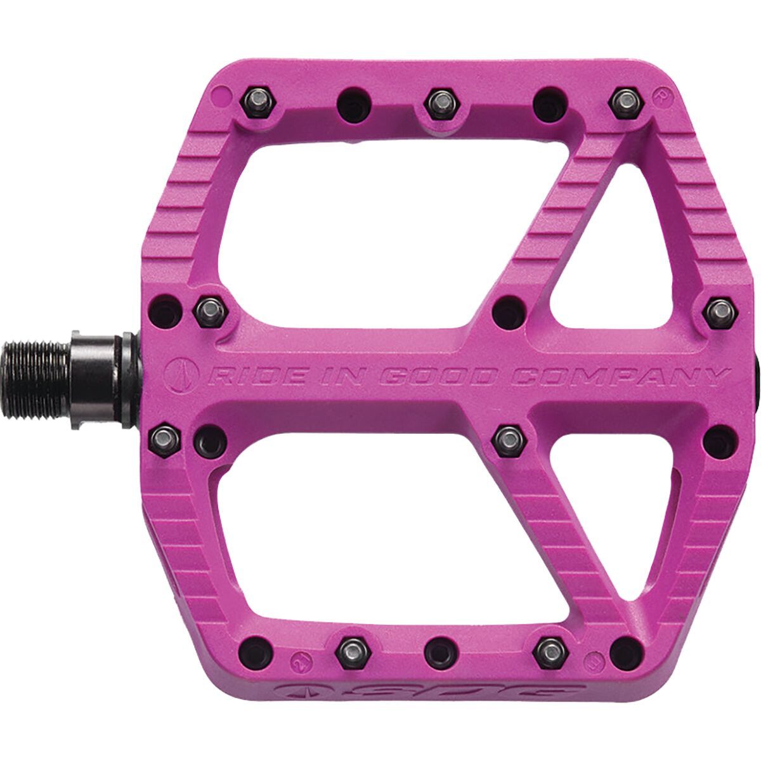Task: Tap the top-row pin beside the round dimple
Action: (256, 101)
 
